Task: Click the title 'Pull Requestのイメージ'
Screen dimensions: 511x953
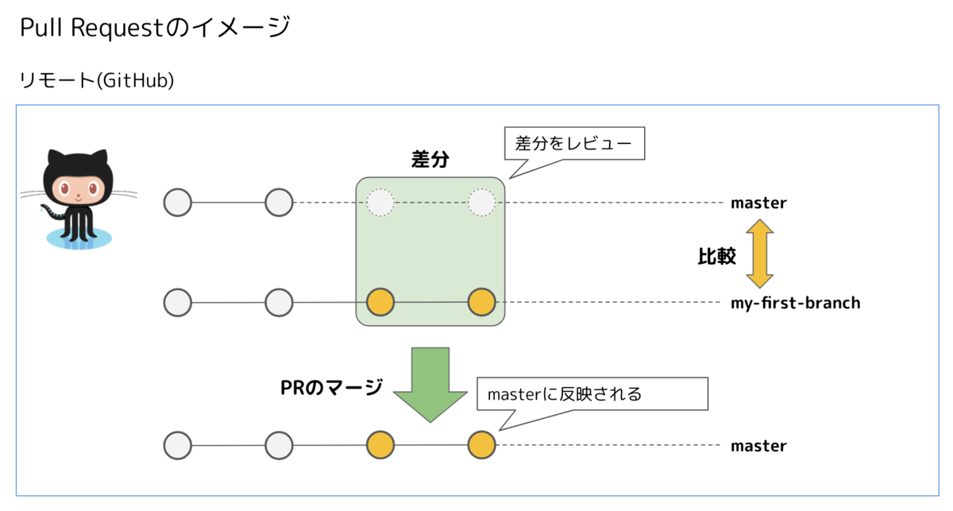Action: click(x=154, y=29)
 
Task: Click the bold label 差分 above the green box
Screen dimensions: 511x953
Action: click(x=430, y=159)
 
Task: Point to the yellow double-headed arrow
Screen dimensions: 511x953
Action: click(x=759, y=254)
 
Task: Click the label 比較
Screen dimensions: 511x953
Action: click(x=716, y=256)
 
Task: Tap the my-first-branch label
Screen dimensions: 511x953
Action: click(x=795, y=303)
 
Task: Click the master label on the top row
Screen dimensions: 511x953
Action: click(x=758, y=203)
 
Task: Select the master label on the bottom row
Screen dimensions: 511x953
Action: click(x=758, y=446)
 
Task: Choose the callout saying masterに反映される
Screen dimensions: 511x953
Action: click(x=592, y=393)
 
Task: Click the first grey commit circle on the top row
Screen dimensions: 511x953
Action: click(x=178, y=203)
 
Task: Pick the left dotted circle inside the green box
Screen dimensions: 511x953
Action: click(x=380, y=203)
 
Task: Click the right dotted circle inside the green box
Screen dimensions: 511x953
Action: click(x=481, y=203)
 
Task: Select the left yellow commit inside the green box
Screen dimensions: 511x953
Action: click(x=380, y=303)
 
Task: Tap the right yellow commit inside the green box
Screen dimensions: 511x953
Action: click(x=481, y=303)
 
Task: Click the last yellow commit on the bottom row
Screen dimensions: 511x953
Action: click(x=481, y=445)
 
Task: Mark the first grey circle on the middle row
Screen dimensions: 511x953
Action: click(x=178, y=303)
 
